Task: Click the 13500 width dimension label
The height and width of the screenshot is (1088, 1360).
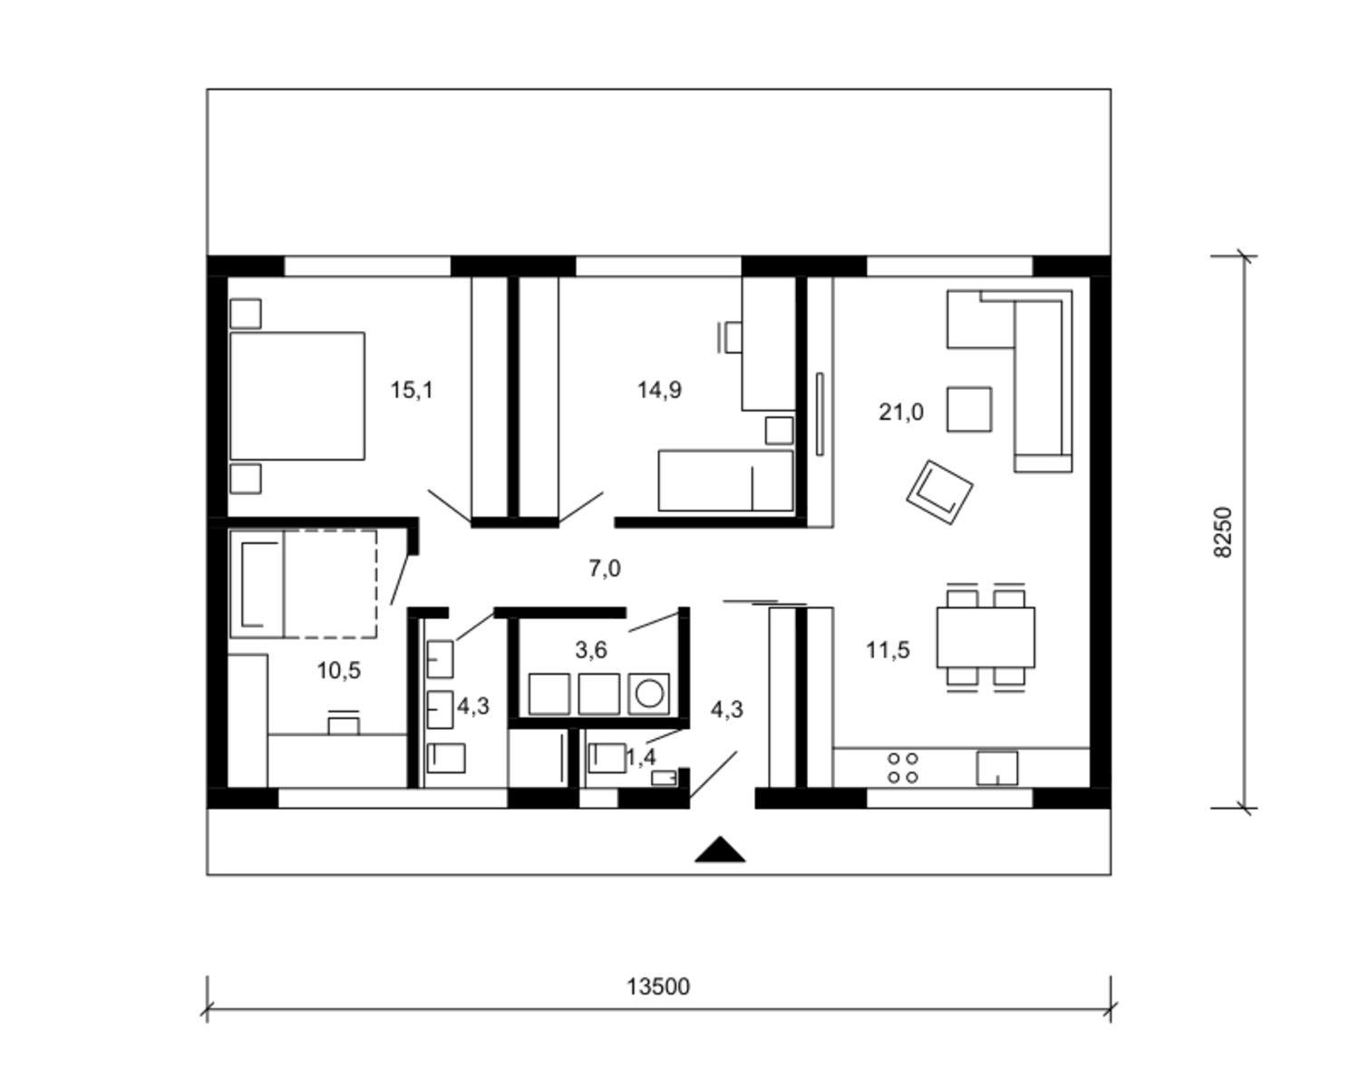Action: [x=658, y=986]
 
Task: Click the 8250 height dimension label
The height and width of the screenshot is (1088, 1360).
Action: [x=1223, y=532]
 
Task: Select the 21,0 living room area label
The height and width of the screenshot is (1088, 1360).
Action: [x=900, y=413]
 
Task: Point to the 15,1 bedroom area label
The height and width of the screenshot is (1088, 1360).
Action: [x=412, y=390]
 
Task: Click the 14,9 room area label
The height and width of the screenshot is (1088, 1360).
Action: [x=659, y=390]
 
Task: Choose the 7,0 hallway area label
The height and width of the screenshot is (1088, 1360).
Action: [x=605, y=569]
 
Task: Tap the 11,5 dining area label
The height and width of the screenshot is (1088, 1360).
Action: [x=888, y=650]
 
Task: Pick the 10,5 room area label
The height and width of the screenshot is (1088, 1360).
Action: [x=339, y=671]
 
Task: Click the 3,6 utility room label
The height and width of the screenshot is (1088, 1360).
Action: [x=591, y=650]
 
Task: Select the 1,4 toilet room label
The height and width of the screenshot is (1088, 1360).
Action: [x=640, y=757]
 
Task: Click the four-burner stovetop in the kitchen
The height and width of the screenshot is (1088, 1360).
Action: [x=902, y=768]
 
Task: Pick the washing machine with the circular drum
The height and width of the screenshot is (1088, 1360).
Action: [x=648, y=695]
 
